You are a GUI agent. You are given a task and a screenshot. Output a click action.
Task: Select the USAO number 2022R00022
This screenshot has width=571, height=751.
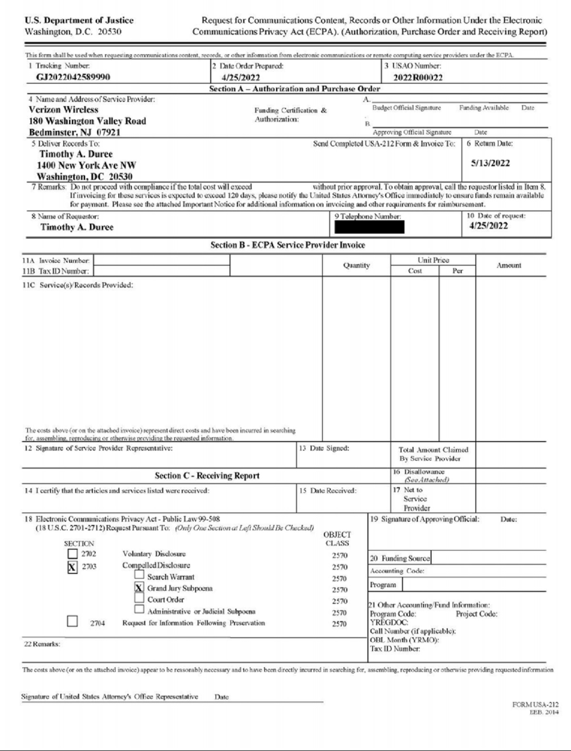click(x=418, y=78)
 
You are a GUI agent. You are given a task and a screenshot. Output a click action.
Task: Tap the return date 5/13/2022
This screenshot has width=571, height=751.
click(x=490, y=163)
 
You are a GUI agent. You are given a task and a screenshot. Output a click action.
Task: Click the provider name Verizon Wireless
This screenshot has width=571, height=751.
click(x=63, y=109)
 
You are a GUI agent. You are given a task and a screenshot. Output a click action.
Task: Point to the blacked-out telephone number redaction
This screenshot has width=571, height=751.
click(x=369, y=227)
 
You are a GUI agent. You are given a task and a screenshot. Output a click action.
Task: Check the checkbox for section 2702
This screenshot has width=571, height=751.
click(x=72, y=553)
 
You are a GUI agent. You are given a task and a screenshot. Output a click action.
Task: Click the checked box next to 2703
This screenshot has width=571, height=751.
click(x=72, y=567)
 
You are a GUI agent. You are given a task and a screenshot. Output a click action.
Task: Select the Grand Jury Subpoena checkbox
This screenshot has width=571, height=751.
click(x=139, y=587)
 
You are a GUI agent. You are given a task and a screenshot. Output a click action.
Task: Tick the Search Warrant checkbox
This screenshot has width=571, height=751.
click(x=139, y=575)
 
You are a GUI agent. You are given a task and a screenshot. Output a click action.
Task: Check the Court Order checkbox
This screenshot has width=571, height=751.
click(x=139, y=598)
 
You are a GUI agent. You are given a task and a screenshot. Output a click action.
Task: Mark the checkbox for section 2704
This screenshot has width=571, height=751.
click(x=72, y=622)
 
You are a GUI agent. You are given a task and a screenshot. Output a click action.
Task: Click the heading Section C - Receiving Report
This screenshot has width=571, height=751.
click(x=207, y=475)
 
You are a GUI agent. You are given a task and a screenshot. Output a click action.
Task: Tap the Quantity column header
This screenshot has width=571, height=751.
click(x=356, y=266)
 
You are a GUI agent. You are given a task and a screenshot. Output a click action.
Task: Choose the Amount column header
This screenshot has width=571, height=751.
click(x=509, y=266)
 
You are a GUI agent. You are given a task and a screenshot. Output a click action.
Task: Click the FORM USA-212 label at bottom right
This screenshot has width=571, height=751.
click(x=535, y=705)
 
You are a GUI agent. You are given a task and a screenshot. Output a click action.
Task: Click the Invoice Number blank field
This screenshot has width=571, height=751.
click(x=161, y=260)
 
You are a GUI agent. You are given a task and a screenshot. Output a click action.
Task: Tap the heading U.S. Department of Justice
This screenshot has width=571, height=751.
click(x=79, y=20)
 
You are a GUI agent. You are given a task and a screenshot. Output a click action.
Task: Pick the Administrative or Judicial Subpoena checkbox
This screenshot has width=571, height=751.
click(x=139, y=609)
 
